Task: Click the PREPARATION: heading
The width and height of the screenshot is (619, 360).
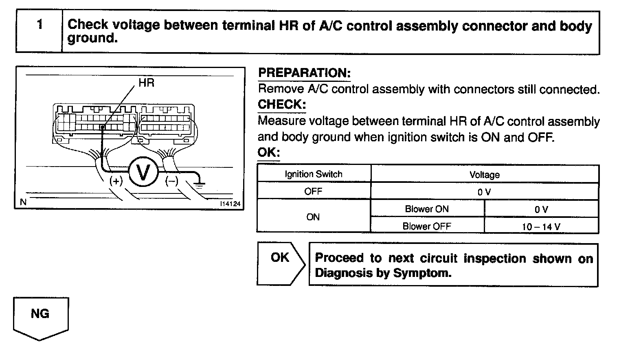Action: pos(304,73)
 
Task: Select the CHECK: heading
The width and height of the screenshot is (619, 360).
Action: pos(281,105)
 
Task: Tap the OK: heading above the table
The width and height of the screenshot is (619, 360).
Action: pos(269,153)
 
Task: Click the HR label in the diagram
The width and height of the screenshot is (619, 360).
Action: pos(147,83)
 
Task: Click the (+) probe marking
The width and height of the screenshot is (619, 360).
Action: pos(116,181)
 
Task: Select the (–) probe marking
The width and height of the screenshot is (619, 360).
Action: pos(171,181)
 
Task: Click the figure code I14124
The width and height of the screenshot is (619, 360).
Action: pos(230,204)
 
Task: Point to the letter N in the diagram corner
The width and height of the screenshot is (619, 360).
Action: pos(23,202)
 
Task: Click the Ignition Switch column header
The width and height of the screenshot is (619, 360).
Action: pos(314,174)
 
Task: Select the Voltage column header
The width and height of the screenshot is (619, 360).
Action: pos(485,175)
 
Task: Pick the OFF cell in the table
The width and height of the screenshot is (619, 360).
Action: pos(313,191)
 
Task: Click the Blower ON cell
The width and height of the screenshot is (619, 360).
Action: pos(427,209)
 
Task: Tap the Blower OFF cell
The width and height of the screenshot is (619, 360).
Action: pos(427,226)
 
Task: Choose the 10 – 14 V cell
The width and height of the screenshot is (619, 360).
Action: pos(541,226)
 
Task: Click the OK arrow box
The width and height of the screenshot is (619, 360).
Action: pos(280,263)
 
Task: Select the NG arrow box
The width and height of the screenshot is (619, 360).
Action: pos(40,317)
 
